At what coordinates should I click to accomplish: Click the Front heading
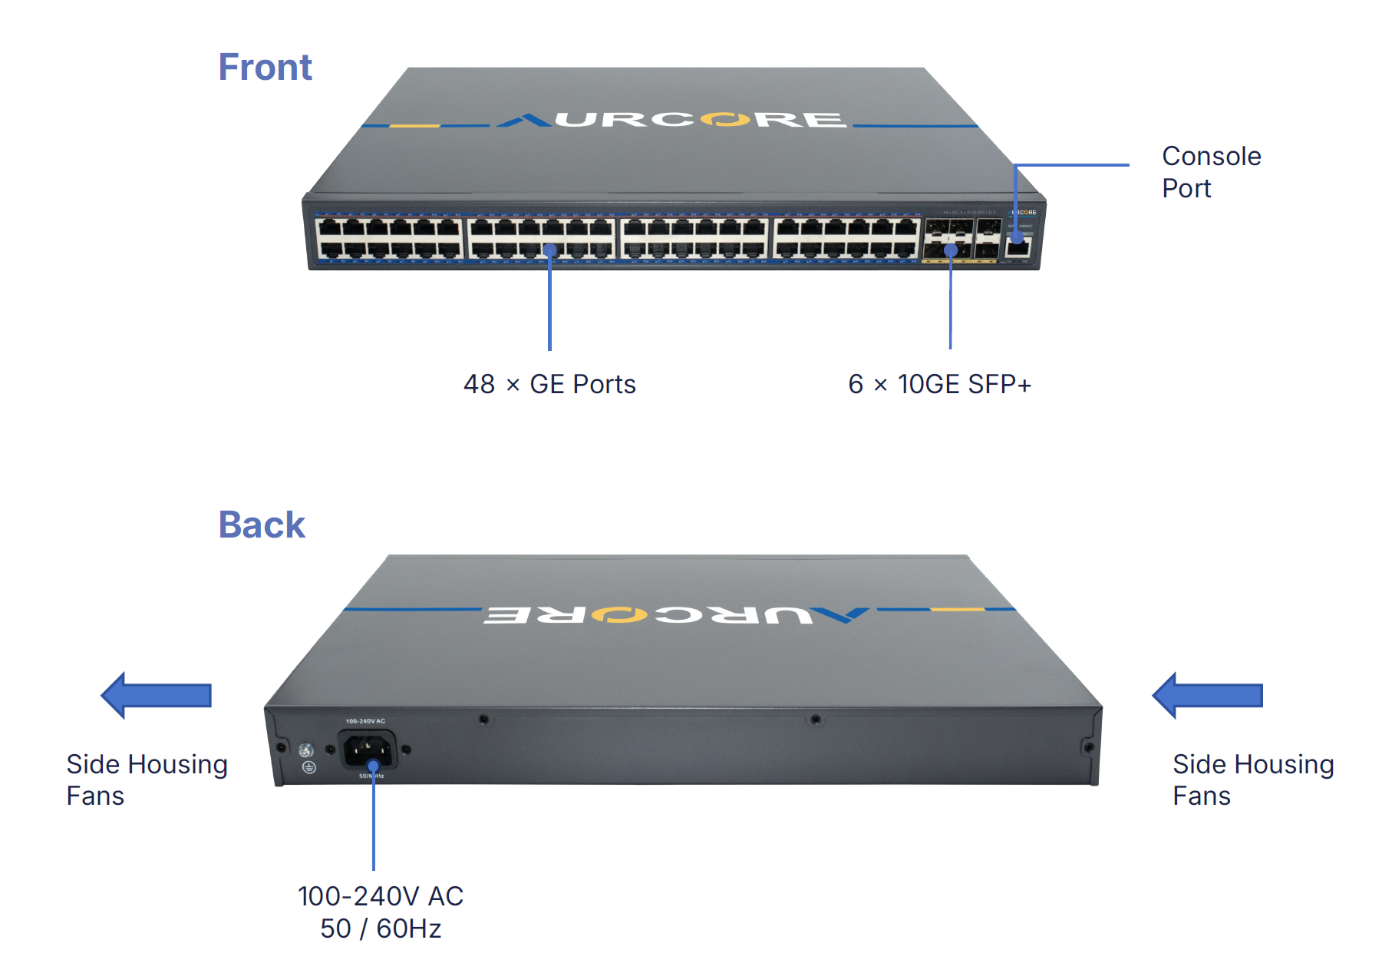click(265, 67)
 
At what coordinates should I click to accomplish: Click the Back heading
click(262, 525)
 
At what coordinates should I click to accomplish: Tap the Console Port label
click(1211, 172)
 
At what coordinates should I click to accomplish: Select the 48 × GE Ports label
click(549, 384)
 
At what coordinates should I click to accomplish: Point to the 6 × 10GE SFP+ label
click(939, 384)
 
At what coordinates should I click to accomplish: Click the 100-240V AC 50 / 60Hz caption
click(381, 912)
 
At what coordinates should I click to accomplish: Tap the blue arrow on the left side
click(157, 695)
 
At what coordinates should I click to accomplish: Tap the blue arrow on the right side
click(1208, 695)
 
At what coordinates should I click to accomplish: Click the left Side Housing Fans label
click(147, 779)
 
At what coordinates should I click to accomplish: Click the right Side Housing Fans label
click(1252, 779)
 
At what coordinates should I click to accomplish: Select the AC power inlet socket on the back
click(368, 749)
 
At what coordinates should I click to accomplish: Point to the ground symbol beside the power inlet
click(308, 767)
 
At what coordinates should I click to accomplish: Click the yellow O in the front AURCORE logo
click(725, 120)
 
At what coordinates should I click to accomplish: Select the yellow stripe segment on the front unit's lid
click(414, 125)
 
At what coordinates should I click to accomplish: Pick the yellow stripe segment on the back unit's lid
click(957, 609)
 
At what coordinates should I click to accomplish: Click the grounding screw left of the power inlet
click(305, 750)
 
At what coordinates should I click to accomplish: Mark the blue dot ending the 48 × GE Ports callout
click(549, 250)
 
